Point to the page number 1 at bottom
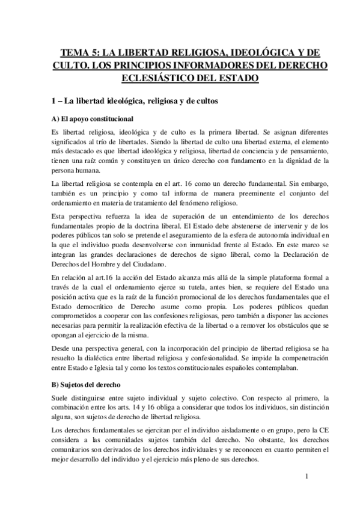tap(307, 477)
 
